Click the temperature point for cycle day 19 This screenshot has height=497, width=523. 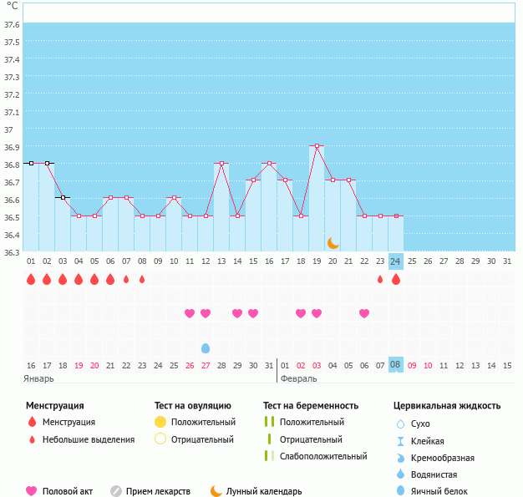(317, 146)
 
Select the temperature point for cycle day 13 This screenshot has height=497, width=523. (221, 164)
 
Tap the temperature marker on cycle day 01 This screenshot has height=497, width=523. (31, 164)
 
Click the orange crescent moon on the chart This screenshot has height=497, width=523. (333, 242)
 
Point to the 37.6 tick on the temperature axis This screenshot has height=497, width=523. (12, 24)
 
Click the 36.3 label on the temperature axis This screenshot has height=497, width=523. (12, 251)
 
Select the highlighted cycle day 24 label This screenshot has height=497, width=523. (396, 261)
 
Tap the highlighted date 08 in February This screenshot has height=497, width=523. (396, 365)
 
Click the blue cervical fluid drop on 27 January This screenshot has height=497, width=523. (206, 347)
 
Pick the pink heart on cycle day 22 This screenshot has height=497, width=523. (364, 313)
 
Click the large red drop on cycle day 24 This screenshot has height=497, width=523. (396, 280)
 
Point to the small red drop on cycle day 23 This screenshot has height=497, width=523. (380, 280)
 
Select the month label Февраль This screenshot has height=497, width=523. (298, 378)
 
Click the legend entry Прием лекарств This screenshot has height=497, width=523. (157, 492)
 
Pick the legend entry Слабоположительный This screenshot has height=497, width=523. (323, 456)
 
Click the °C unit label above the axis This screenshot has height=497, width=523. (12, 6)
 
